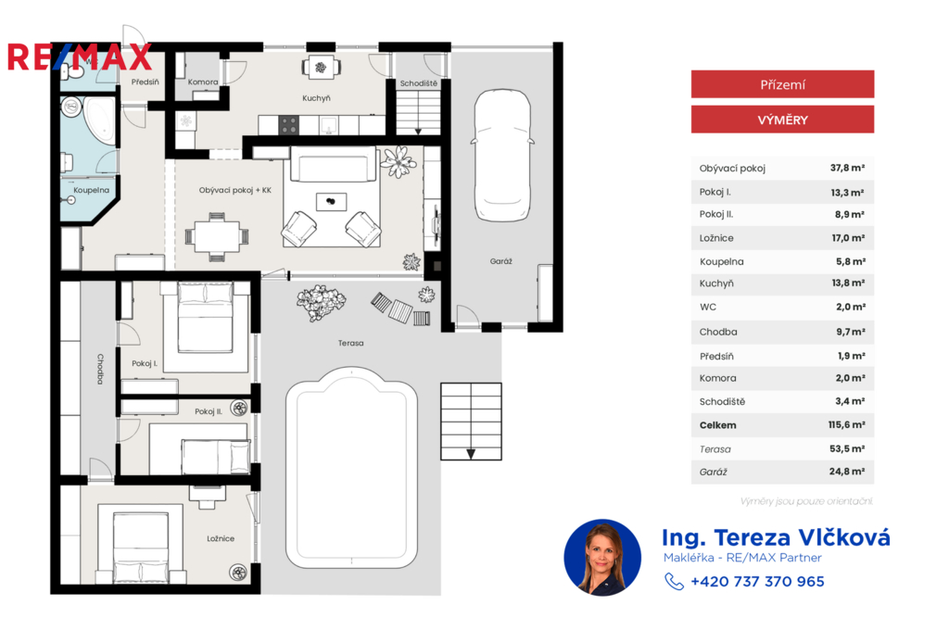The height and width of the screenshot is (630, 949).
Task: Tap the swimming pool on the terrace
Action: (351, 467)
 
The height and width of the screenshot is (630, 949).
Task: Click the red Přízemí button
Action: (782, 84)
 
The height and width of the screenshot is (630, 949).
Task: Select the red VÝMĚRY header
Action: (782, 120)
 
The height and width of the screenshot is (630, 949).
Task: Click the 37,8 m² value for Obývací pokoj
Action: (847, 168)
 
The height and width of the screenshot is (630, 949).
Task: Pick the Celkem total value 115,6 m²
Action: (847, 425)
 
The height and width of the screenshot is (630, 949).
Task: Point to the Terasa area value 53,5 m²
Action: (847, 448)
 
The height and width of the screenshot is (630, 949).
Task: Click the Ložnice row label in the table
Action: (716, 238)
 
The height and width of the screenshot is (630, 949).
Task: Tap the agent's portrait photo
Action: (602, 558)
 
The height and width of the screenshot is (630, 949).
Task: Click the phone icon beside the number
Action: (674, 582)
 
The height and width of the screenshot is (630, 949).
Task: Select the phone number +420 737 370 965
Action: (758, 582)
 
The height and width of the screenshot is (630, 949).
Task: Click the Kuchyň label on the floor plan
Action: (317, 98)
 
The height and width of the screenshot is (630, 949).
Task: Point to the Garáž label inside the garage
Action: (501, 261)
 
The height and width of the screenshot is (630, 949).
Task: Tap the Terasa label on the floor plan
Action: (351, 343)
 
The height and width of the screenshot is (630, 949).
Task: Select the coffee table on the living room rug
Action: (331, 202)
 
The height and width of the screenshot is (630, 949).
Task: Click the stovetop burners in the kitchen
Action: (289, 125)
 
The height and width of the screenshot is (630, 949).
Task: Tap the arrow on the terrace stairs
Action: (471, 454)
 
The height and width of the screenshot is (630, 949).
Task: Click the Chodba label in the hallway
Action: (100, 369)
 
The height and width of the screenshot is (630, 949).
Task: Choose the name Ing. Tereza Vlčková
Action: (776, 537)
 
